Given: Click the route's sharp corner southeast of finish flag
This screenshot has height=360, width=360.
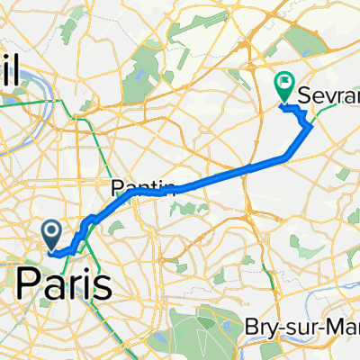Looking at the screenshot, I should click(311, 126).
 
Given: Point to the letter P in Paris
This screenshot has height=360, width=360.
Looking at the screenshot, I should click(28, 285).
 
